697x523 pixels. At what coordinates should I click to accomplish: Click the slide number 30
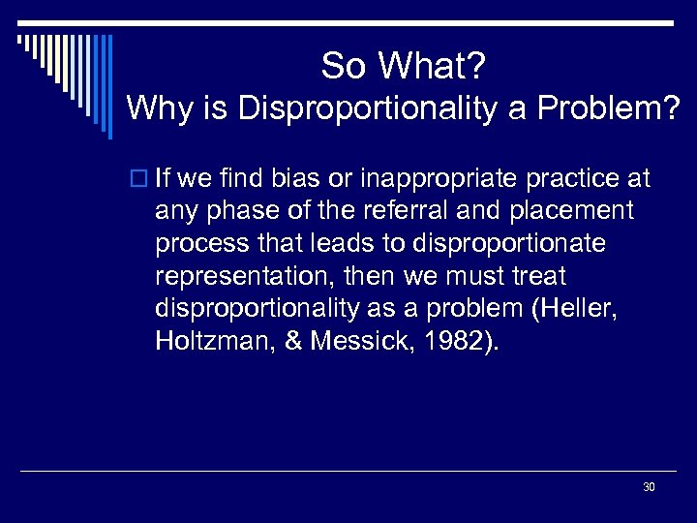point(649,487)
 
